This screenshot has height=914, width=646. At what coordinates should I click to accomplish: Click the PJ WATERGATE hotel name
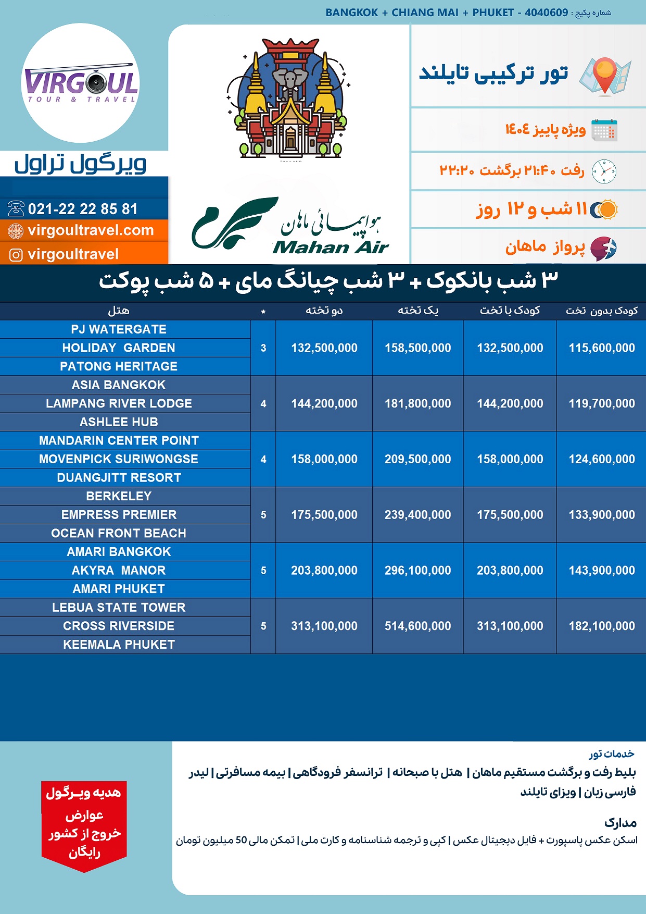pos(119,329)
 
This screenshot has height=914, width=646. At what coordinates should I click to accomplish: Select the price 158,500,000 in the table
pos(417,348)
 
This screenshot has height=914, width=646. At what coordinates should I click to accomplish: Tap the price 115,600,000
pos(602,348)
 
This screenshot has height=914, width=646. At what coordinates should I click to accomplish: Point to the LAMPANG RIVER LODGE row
pos(119,403)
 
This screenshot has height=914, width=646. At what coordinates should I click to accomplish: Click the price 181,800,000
pos(417,403)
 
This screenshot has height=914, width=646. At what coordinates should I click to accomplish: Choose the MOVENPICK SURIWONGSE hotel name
pos(119,459)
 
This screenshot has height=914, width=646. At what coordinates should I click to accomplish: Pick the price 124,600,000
pos(602,459)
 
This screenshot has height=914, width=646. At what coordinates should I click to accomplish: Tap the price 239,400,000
pos(417,515)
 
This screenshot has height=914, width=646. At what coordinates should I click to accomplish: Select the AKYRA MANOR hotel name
pos(119,571)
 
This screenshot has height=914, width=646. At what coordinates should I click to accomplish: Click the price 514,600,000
pos(417,626)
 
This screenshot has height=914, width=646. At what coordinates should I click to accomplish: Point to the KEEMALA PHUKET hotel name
pos(119,645)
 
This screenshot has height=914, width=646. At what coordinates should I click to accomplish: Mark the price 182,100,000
pos(602,626)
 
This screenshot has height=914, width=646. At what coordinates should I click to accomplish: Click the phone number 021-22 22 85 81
pos(83,209)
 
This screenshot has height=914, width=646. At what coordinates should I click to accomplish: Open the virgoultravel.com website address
pos(91,230)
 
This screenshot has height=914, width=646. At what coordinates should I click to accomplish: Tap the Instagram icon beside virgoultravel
pos(16,255)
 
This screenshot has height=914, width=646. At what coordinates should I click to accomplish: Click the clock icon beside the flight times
pos(604,171)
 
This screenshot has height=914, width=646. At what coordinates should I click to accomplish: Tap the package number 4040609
pos(546,13)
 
